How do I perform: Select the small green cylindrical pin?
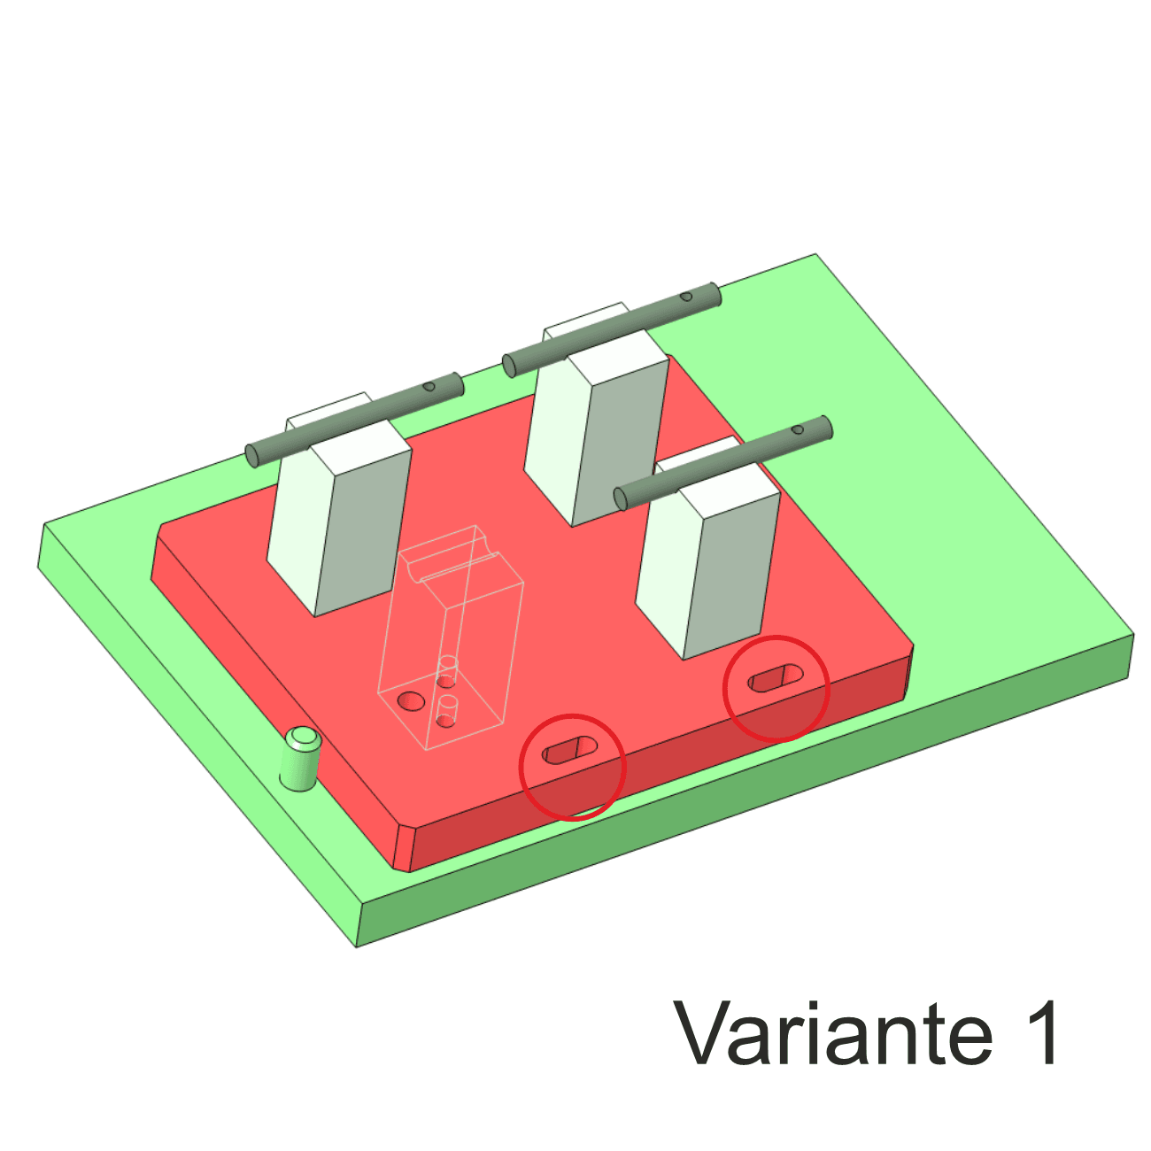(x=300, y=759)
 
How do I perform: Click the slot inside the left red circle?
(x=569, y=750)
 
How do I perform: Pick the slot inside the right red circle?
(x=776, y=678)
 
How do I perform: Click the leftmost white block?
(x=339, y=514)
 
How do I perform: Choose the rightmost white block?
(x=707, y=559)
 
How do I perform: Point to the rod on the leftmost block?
(x=354, y=420)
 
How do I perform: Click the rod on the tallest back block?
(x=612, y=330)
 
